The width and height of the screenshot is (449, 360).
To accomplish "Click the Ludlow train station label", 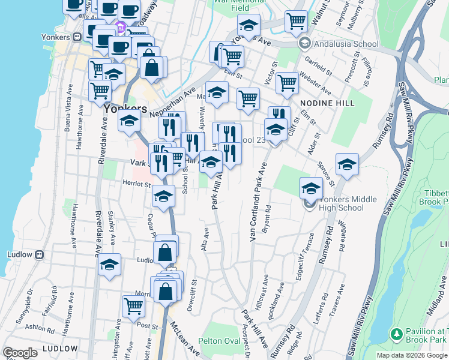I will [19, 254].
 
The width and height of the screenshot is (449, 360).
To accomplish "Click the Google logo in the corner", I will [20, 353].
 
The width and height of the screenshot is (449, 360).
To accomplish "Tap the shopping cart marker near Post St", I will [133, 306].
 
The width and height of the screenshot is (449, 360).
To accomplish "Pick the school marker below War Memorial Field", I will [248, 26].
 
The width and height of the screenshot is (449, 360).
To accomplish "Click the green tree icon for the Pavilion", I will [396, 334].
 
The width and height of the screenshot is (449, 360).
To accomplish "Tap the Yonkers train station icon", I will [77, 37].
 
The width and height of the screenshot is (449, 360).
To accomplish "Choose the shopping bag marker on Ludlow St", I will [165, 253].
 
